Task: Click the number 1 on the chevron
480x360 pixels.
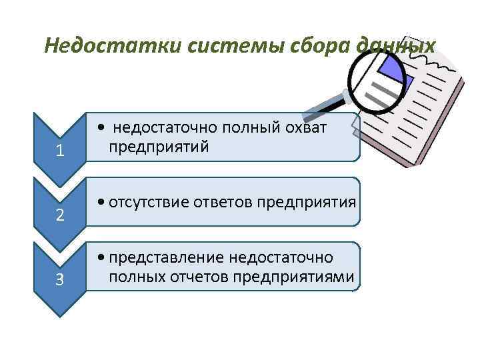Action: pyautogui.click(x=60, y=151)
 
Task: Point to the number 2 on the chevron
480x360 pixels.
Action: pyautogui.click(x=60, y=215)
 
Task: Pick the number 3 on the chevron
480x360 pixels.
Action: pyautogui.click(x=60, y=280)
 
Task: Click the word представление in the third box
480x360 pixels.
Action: pyautogui.click(x=167, y=257)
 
